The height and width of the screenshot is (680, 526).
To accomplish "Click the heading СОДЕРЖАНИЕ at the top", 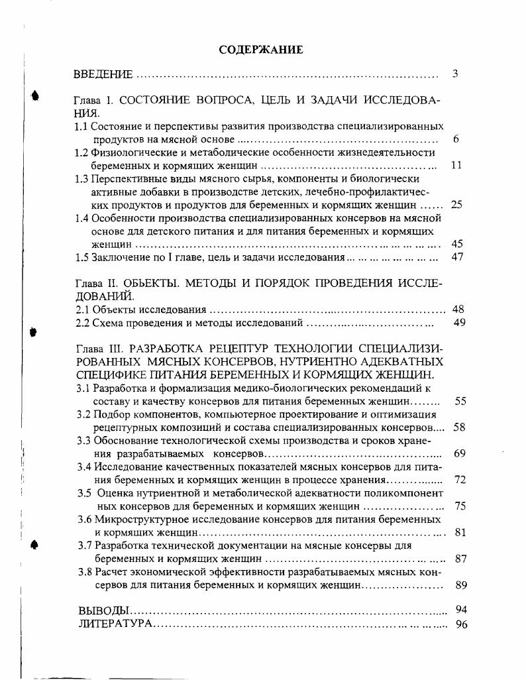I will pyautogui.click(x=262, y=50).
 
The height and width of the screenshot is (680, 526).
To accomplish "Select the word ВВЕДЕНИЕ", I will pyautogui.click(x=103, y=74).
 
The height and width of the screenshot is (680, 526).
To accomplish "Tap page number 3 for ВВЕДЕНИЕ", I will pyautogui.click(x=455, y=74).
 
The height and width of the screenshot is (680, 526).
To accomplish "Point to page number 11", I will pyautogui.click(x=456, y=165).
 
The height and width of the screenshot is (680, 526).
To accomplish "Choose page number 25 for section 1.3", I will pyautogui.click(x=456, y=205).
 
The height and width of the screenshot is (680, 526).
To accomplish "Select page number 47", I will pyautogui.click(x=456, y=257).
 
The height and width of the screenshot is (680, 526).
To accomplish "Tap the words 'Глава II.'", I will pyautogui.click(x=97, y=283).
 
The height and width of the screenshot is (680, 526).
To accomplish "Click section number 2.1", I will pyautogui.click(x=82, y=310).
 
